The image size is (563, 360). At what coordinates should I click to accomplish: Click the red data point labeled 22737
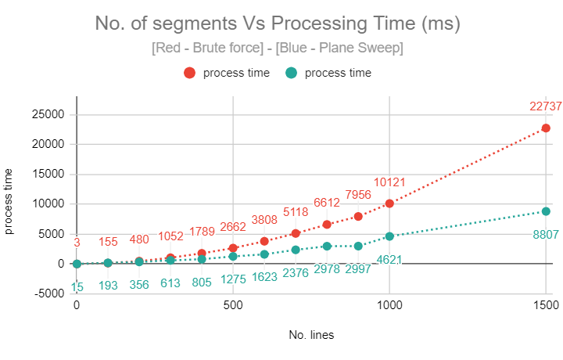point(546,128)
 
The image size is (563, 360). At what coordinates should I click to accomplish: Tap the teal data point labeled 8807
point(546,211)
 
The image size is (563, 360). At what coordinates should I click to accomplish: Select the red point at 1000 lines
point(389,203)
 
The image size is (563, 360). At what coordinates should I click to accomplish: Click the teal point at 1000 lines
point(389,236)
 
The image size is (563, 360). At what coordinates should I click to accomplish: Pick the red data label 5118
point(296,211)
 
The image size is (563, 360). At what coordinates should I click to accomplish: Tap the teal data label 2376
point(296,272)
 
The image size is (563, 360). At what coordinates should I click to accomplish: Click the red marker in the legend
point(189,74)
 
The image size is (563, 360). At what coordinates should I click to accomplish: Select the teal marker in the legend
point(291,74)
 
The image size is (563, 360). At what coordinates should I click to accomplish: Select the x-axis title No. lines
point(310,335)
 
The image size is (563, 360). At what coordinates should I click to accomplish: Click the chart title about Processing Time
point(278,23)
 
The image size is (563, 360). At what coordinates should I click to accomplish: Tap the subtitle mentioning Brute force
point(278,48)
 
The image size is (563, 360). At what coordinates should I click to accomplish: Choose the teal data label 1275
point(233,279)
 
